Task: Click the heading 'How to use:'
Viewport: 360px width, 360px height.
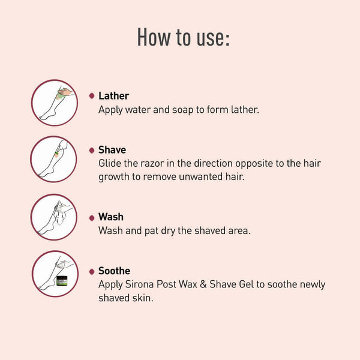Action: click(x=183, y=37)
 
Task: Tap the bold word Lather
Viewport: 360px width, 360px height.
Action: click(x=113, y=96)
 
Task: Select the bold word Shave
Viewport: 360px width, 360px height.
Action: click(x=112, y=149)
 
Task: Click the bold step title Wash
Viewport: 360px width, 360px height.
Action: click(x=111, y=217)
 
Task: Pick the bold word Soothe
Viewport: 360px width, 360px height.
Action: click(x=115, y=271)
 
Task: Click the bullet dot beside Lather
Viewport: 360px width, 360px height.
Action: click(x=92, y=96)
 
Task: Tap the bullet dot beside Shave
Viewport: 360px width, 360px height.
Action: click(x=92, y=150)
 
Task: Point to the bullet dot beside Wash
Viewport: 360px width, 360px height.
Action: click(x=92, y=218)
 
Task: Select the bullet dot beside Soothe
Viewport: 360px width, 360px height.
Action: click(x=92, y=272)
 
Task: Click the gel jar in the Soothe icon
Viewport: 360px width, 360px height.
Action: click(x=62, y=281)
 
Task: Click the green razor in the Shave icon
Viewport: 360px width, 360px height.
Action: click(x=56, y=154)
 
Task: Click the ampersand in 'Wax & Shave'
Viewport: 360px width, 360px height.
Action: click(x=203, y=284)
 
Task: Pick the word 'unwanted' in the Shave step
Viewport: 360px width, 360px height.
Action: click(x=200, y=177)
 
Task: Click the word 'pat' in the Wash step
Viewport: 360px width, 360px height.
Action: click(x=151, y=231)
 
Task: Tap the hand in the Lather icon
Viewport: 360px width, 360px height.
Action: click(x=65, y=92)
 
